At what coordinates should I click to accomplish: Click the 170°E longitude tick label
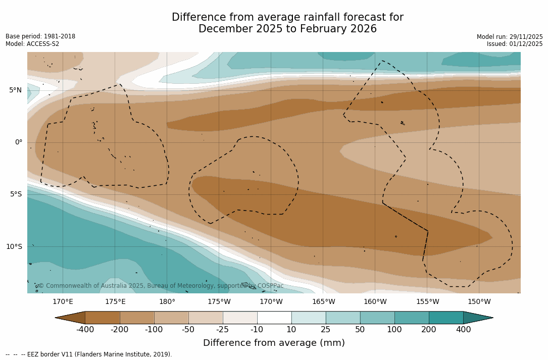click(63, 302)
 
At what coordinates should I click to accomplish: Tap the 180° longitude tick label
click(167, 302)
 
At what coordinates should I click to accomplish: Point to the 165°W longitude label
click(323, 302)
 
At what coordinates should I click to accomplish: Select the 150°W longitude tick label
click(479, 302)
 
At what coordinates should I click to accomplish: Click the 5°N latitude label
click(15, 90)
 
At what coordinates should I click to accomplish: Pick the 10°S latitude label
click(14, 247)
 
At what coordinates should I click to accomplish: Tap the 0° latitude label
click(18, 142)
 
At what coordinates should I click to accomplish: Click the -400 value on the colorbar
click(85, 330)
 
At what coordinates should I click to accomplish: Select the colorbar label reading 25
click(326, 330)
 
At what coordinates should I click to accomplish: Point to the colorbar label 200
click(429, 330)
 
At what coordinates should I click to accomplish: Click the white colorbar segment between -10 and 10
click(274, 318)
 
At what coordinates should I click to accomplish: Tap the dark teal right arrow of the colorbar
click(477, 318)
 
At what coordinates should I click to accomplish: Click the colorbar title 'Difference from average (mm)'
click(274, 343)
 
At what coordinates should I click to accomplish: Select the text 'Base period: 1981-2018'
click(40, 36)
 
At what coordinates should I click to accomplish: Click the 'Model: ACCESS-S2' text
click(32, 44)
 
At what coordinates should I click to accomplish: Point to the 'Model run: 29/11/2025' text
click(510, 37)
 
